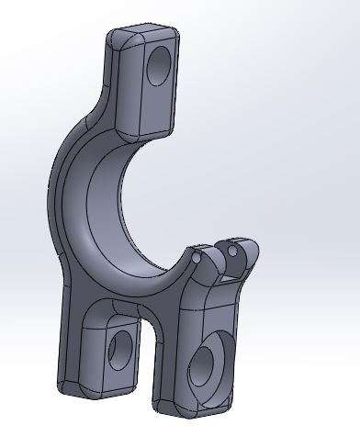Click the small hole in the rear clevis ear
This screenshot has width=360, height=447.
[x=232, y=249]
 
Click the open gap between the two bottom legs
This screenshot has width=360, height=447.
[x=143, y=367]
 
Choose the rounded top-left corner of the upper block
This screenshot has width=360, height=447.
[x=116, y=37]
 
